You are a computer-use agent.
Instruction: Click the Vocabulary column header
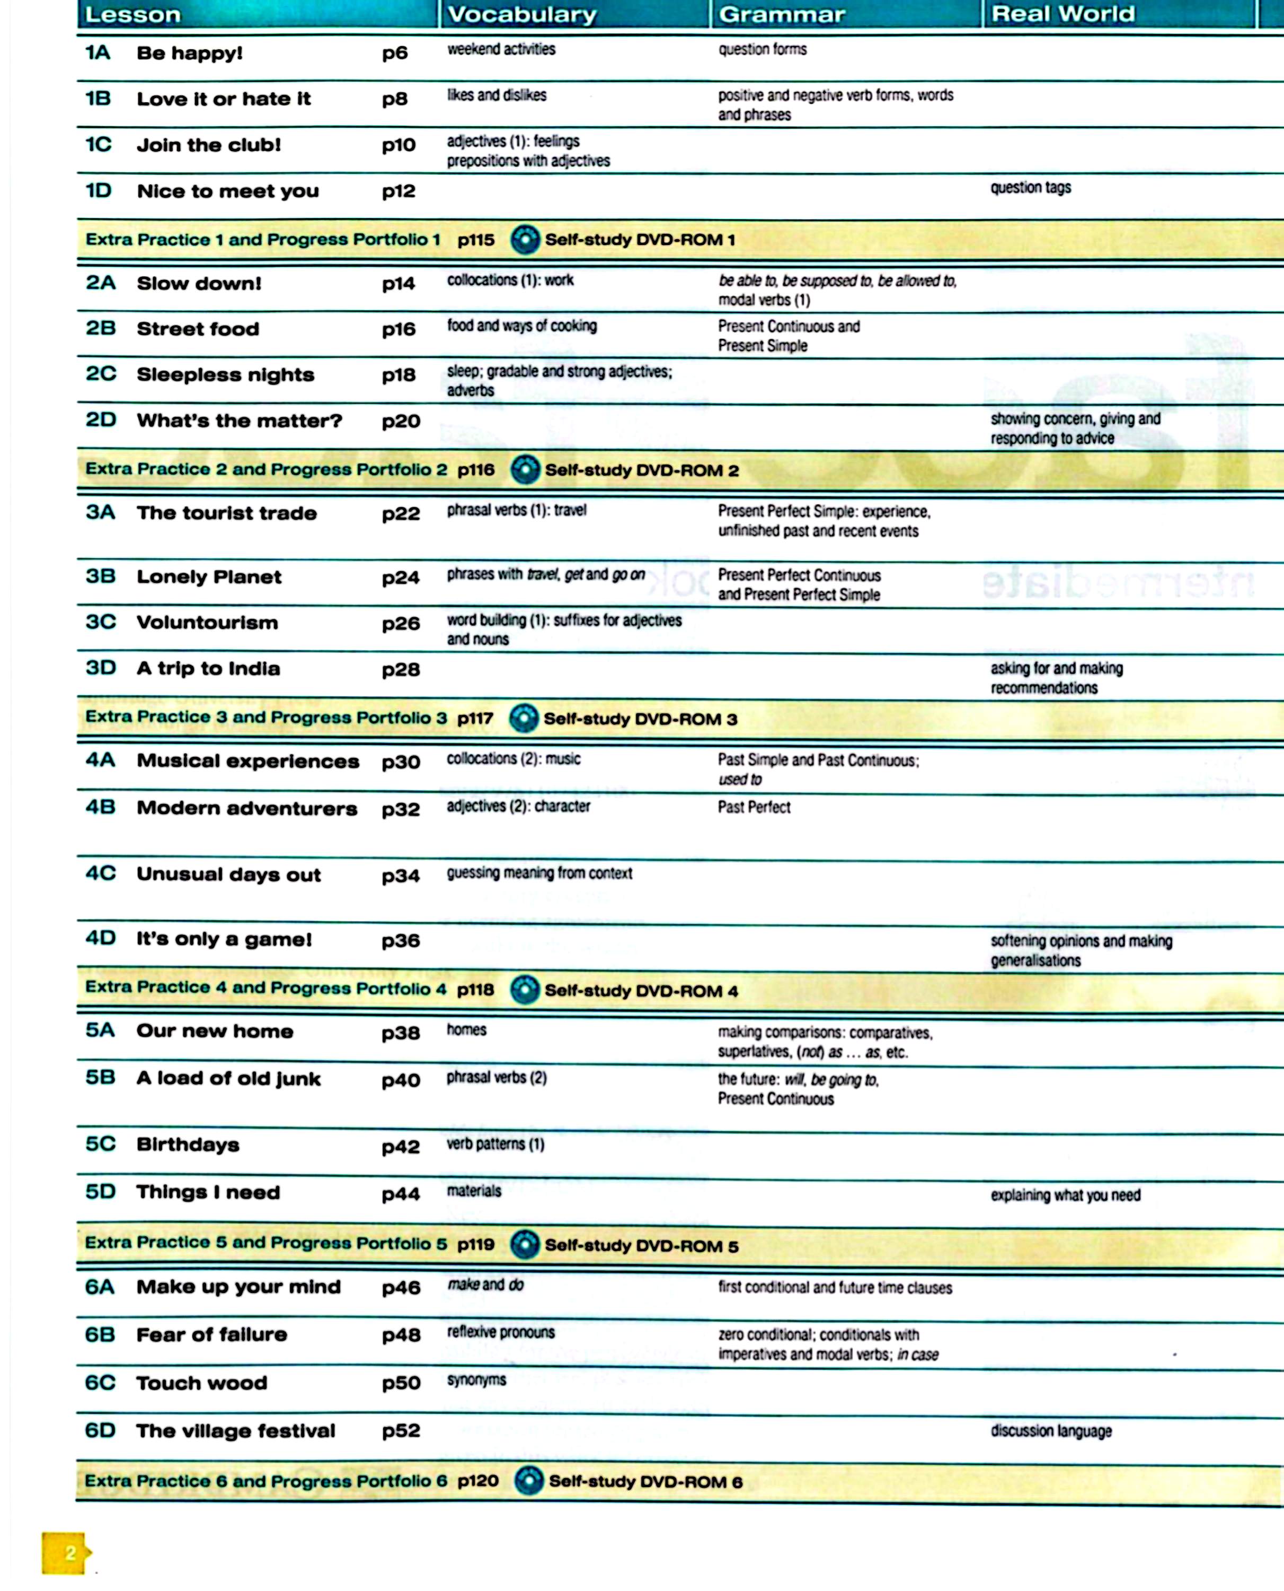point(522,14)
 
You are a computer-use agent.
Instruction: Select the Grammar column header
point(782,14)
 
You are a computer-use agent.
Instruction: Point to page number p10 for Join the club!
point(399,145)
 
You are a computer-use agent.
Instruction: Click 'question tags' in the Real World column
point(1030,187)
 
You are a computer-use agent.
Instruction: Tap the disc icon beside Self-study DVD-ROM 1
point(525,239)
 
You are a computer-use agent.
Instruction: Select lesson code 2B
point(101,328)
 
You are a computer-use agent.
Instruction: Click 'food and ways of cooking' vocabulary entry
point(521,326)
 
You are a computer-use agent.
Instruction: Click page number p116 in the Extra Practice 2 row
point(475,469)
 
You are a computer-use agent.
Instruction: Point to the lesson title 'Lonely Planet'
point(209,576)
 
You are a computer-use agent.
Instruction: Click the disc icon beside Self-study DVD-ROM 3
point(524,718)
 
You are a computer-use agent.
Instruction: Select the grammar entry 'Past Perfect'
point(754,807)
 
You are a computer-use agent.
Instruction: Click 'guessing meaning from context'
point(539,873)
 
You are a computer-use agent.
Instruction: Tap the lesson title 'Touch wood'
point(201,1383)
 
